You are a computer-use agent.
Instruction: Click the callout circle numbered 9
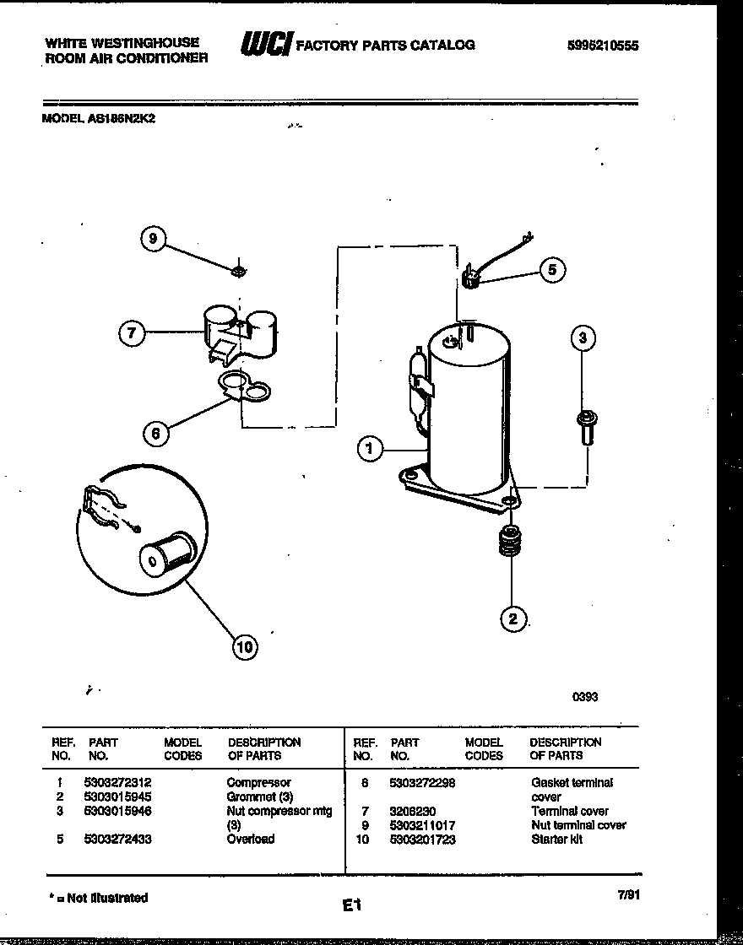[x=153, y=240]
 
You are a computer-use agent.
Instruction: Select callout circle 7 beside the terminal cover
[x=131, y=333]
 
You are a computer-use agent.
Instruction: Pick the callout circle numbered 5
[x=551, y=270]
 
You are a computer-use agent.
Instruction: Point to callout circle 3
[x=583, y=339]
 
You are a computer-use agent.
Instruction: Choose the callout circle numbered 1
[x=370, y=448]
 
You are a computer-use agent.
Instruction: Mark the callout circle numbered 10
[x=245, y=647]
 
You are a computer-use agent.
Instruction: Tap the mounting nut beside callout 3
[x=583, y=425]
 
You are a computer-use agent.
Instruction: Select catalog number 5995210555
[x=603, y=46]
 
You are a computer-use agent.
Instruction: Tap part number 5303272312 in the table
[x=119, y=783]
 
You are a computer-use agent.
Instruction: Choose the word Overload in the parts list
[x=250, y=840]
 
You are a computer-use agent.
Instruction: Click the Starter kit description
[x=556, y=840]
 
